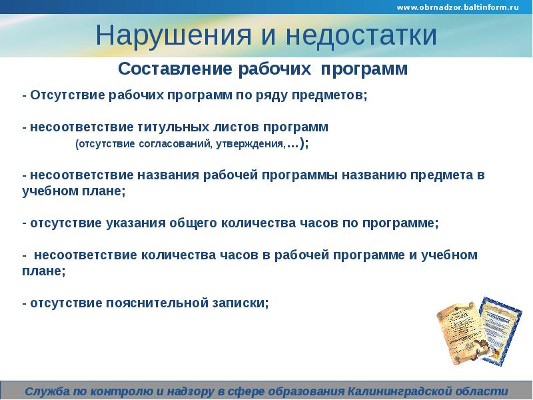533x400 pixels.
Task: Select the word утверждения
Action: point(249,144)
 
